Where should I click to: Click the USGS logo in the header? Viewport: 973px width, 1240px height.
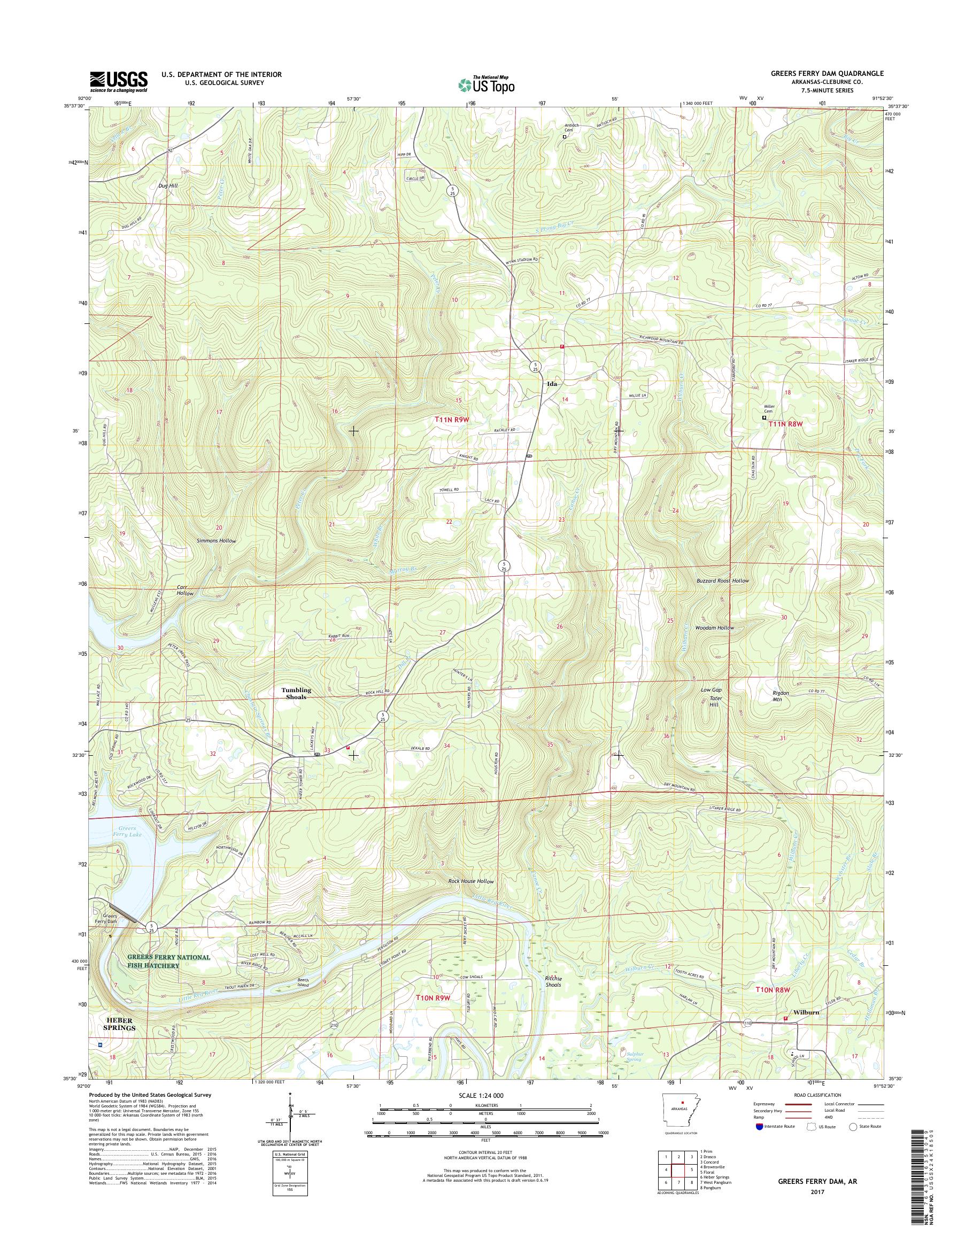[x=119, y=81]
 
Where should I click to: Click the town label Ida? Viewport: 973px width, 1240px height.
[x=551, y=384]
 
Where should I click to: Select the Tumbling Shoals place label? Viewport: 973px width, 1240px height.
[x=296, y=693]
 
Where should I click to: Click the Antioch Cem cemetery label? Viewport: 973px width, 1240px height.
[x=565, y=128]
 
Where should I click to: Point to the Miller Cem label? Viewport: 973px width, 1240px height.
[x=770, y=409]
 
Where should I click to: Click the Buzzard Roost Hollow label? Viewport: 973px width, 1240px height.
[x=722, y=580]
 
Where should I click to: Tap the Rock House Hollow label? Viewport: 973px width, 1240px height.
[x=470, y=881]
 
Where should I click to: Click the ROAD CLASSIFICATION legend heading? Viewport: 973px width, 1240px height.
[x=818, y=1095]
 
